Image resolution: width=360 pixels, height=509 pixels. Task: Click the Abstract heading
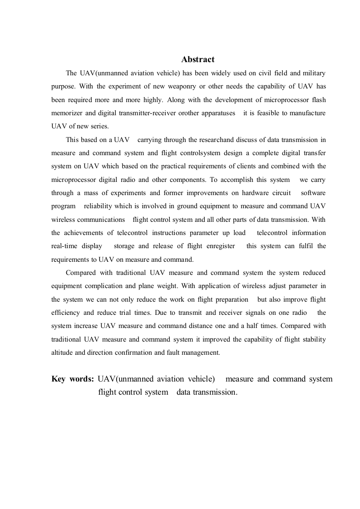tap(198, 59)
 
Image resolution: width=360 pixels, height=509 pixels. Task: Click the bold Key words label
tap(73, 379)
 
